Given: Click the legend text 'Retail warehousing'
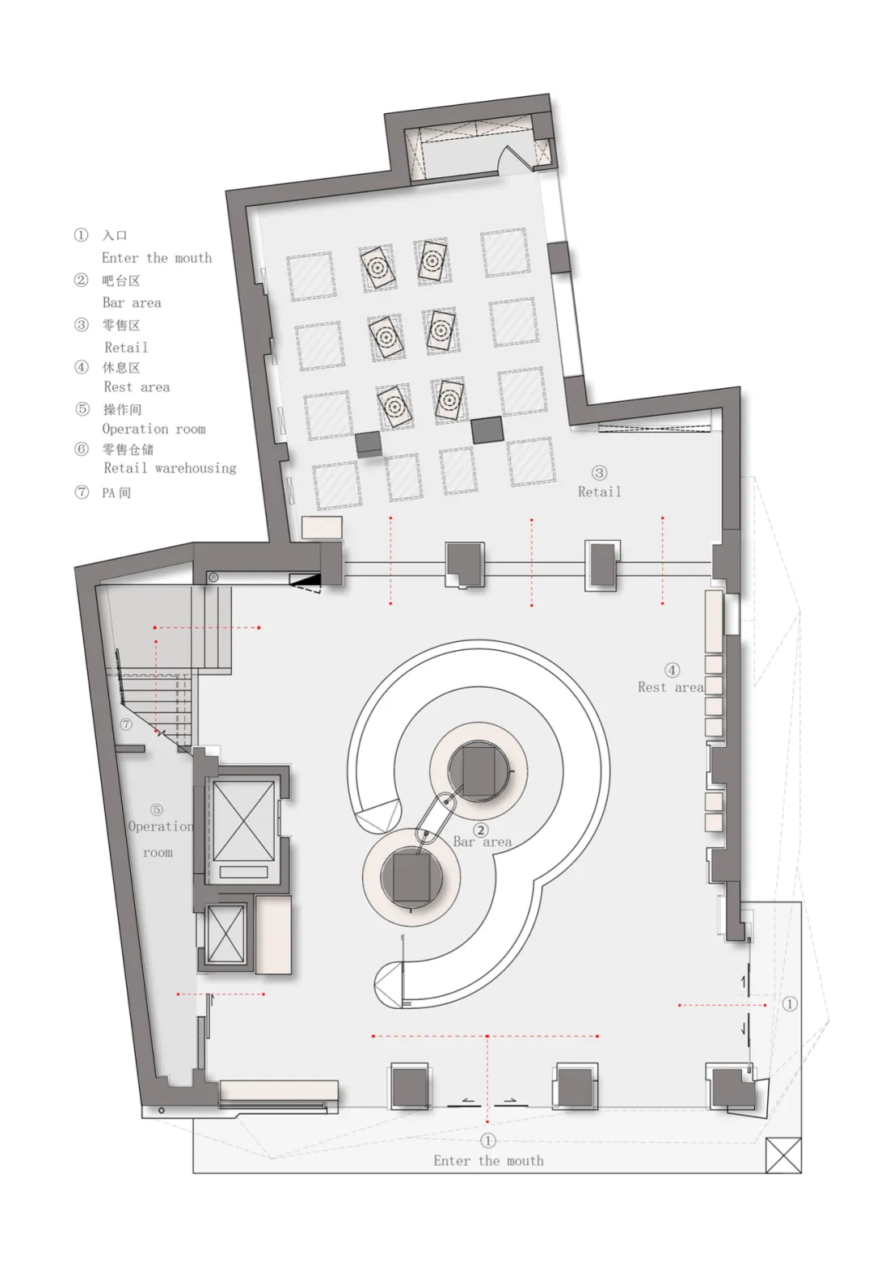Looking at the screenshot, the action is point(170,468).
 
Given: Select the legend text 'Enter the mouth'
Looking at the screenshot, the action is point(157,258).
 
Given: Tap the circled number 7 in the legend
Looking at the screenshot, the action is point(82,492).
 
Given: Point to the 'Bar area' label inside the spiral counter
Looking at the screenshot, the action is point(482,842).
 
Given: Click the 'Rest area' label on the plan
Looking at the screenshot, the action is point(670,688).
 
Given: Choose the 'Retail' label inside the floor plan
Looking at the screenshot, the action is point(600,492).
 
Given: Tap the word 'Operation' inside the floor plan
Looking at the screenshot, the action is point(161,827).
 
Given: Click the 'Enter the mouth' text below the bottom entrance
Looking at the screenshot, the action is point(488,1161).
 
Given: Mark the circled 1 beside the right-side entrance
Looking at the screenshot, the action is point(790,1004).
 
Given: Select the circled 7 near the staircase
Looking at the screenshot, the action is point(126,724).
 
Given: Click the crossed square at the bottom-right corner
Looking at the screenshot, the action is point(783,1155).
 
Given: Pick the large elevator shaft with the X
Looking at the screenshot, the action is point(243,821).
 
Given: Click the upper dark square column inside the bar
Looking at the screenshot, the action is point(479,771).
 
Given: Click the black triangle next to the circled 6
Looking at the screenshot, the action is point(306,581).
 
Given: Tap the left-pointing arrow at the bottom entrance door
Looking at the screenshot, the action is point(467,1100).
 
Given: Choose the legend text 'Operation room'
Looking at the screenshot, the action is point(154,429).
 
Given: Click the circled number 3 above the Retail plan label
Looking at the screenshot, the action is point(599,473).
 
